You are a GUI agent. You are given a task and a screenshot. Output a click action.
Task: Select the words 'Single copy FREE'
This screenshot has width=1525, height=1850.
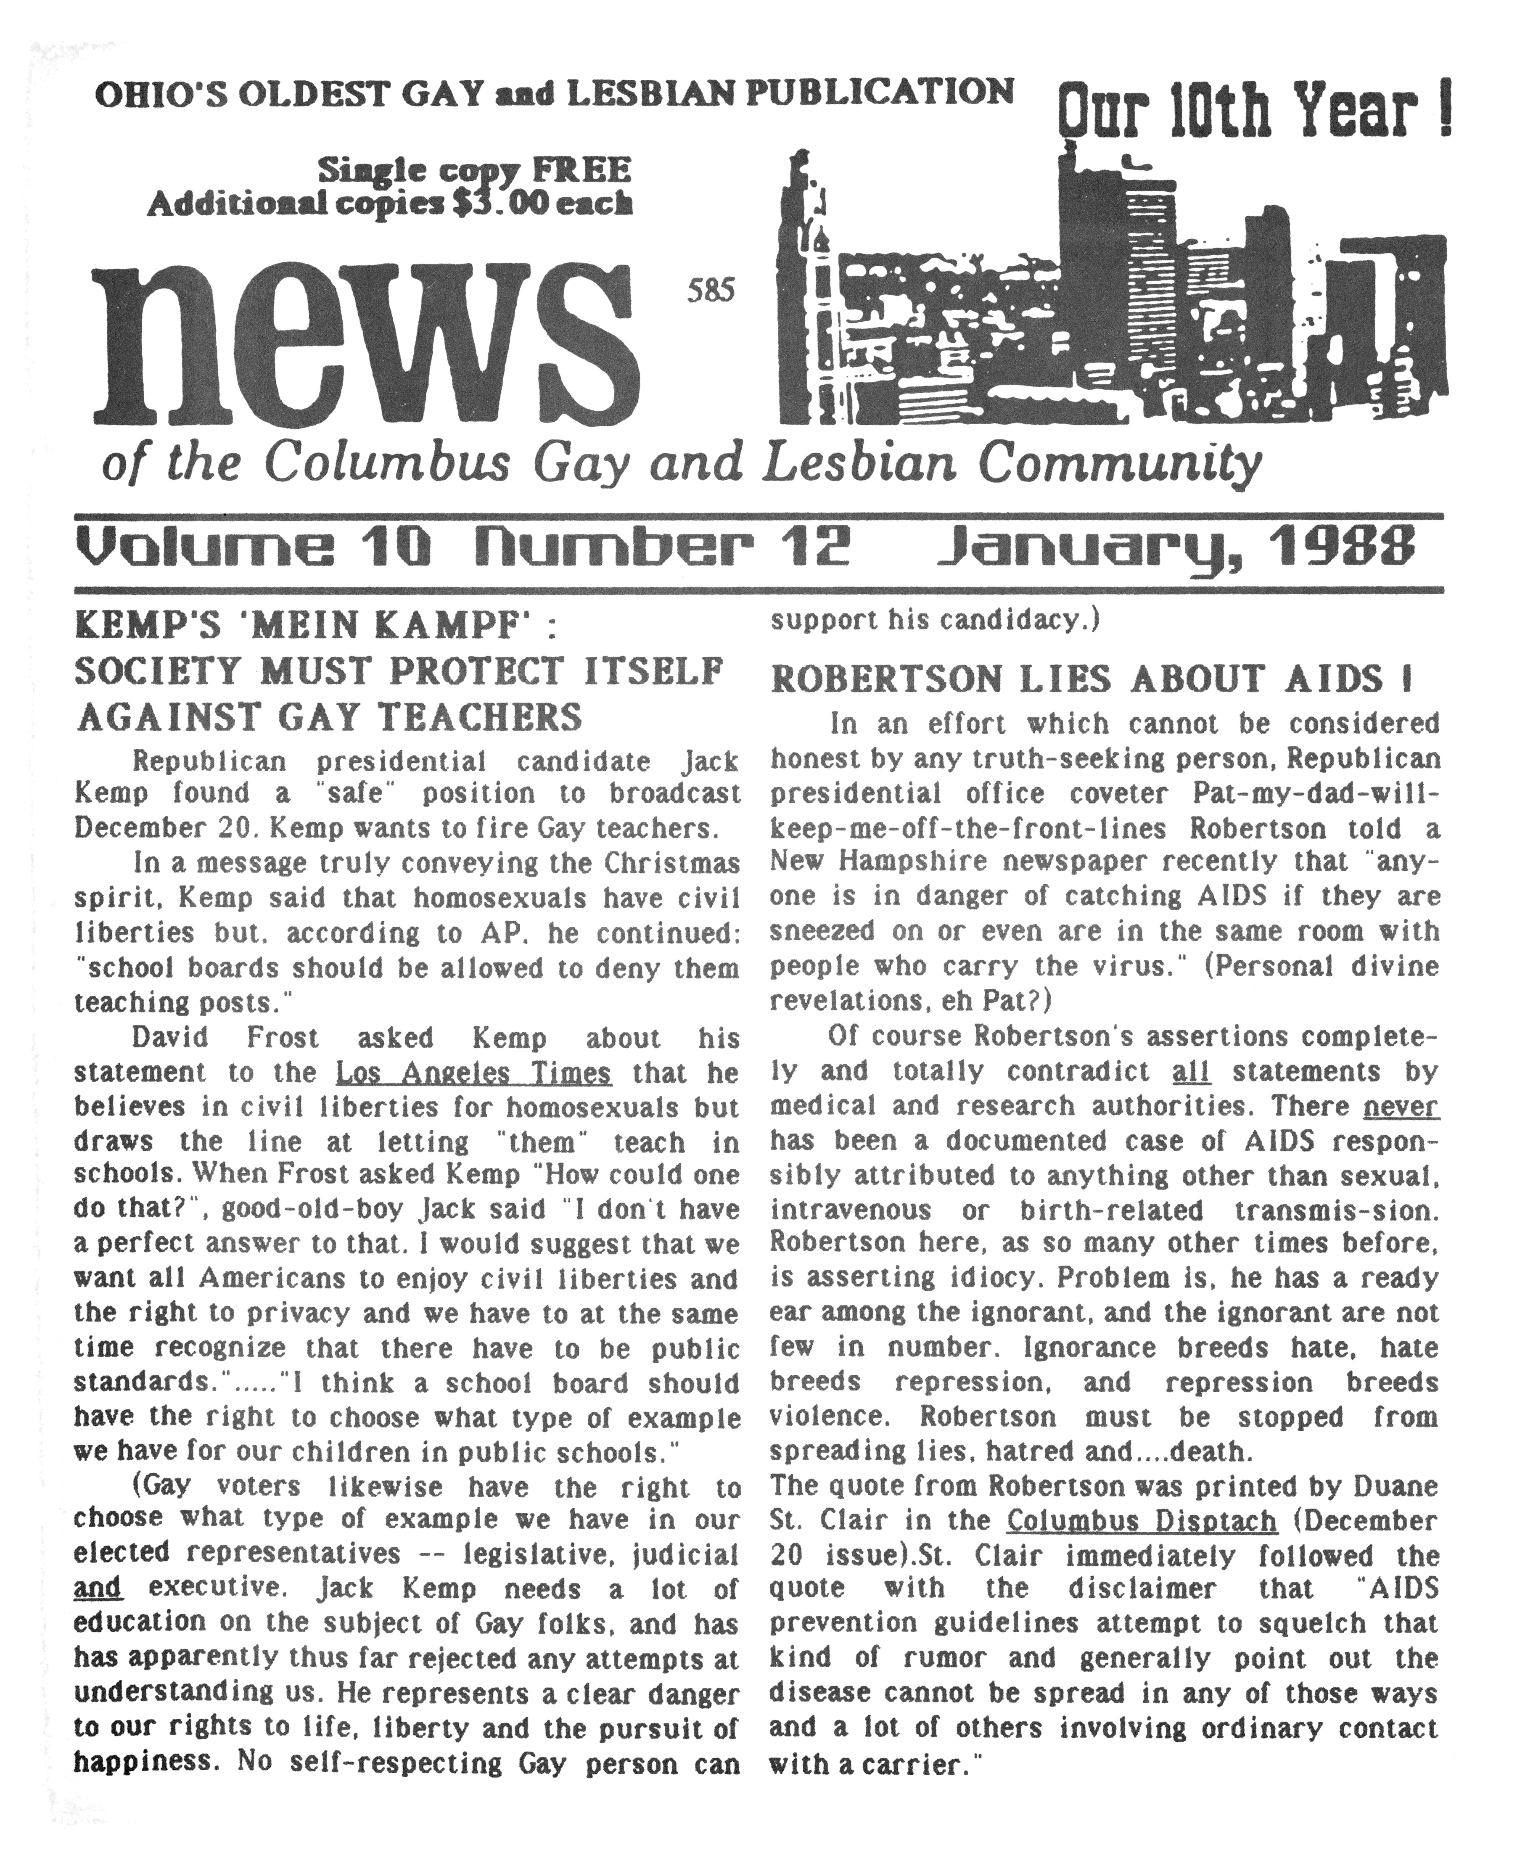474,169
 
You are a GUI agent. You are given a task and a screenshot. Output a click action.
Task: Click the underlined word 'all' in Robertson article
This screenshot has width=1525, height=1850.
1191,1072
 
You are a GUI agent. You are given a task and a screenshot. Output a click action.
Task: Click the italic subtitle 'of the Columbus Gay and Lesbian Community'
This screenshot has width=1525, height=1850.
681,463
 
